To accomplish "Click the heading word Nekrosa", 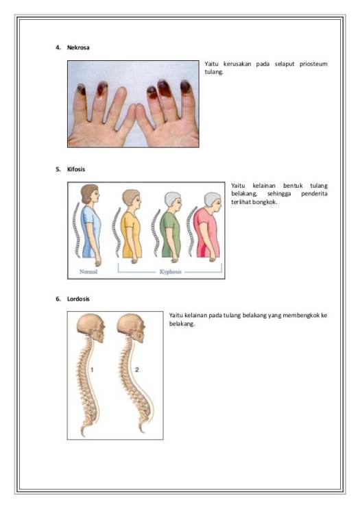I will point(78,48).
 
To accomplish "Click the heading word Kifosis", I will point(75,169).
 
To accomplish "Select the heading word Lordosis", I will point(78,299).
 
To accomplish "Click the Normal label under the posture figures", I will point(88,271).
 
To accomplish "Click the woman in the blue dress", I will point(90,226).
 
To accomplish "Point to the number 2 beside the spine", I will point(136,369).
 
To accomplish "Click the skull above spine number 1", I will point(91,328).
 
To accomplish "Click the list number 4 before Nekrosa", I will point(58,48).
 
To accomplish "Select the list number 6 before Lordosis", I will point(58,299).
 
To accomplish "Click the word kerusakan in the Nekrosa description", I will point(241,64).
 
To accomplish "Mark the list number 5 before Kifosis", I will point(58,169).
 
